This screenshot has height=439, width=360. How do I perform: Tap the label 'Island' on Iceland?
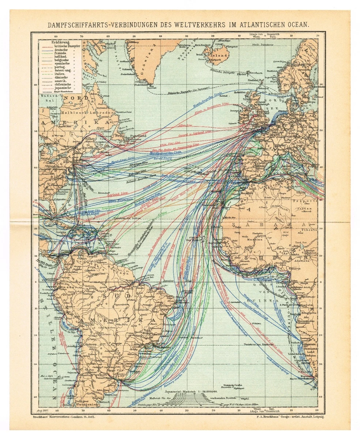pos(220,53)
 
